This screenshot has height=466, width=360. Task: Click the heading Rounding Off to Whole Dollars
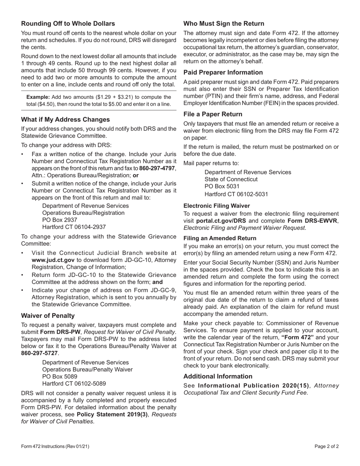coord(68,23)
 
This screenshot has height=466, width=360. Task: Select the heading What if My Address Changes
coord(66,119)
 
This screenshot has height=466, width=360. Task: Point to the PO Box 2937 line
coord(59,220)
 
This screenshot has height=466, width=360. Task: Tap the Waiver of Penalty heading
coord(48,316)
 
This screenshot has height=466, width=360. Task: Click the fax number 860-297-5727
coord(39,353)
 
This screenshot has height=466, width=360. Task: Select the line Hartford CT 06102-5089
coord(74,383)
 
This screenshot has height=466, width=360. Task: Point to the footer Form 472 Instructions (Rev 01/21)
coord(55,446)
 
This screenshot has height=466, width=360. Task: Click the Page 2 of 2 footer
coord(327,446)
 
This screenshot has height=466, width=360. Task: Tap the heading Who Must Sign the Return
coord(224,23)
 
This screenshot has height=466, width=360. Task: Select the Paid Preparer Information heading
coord(223,72)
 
